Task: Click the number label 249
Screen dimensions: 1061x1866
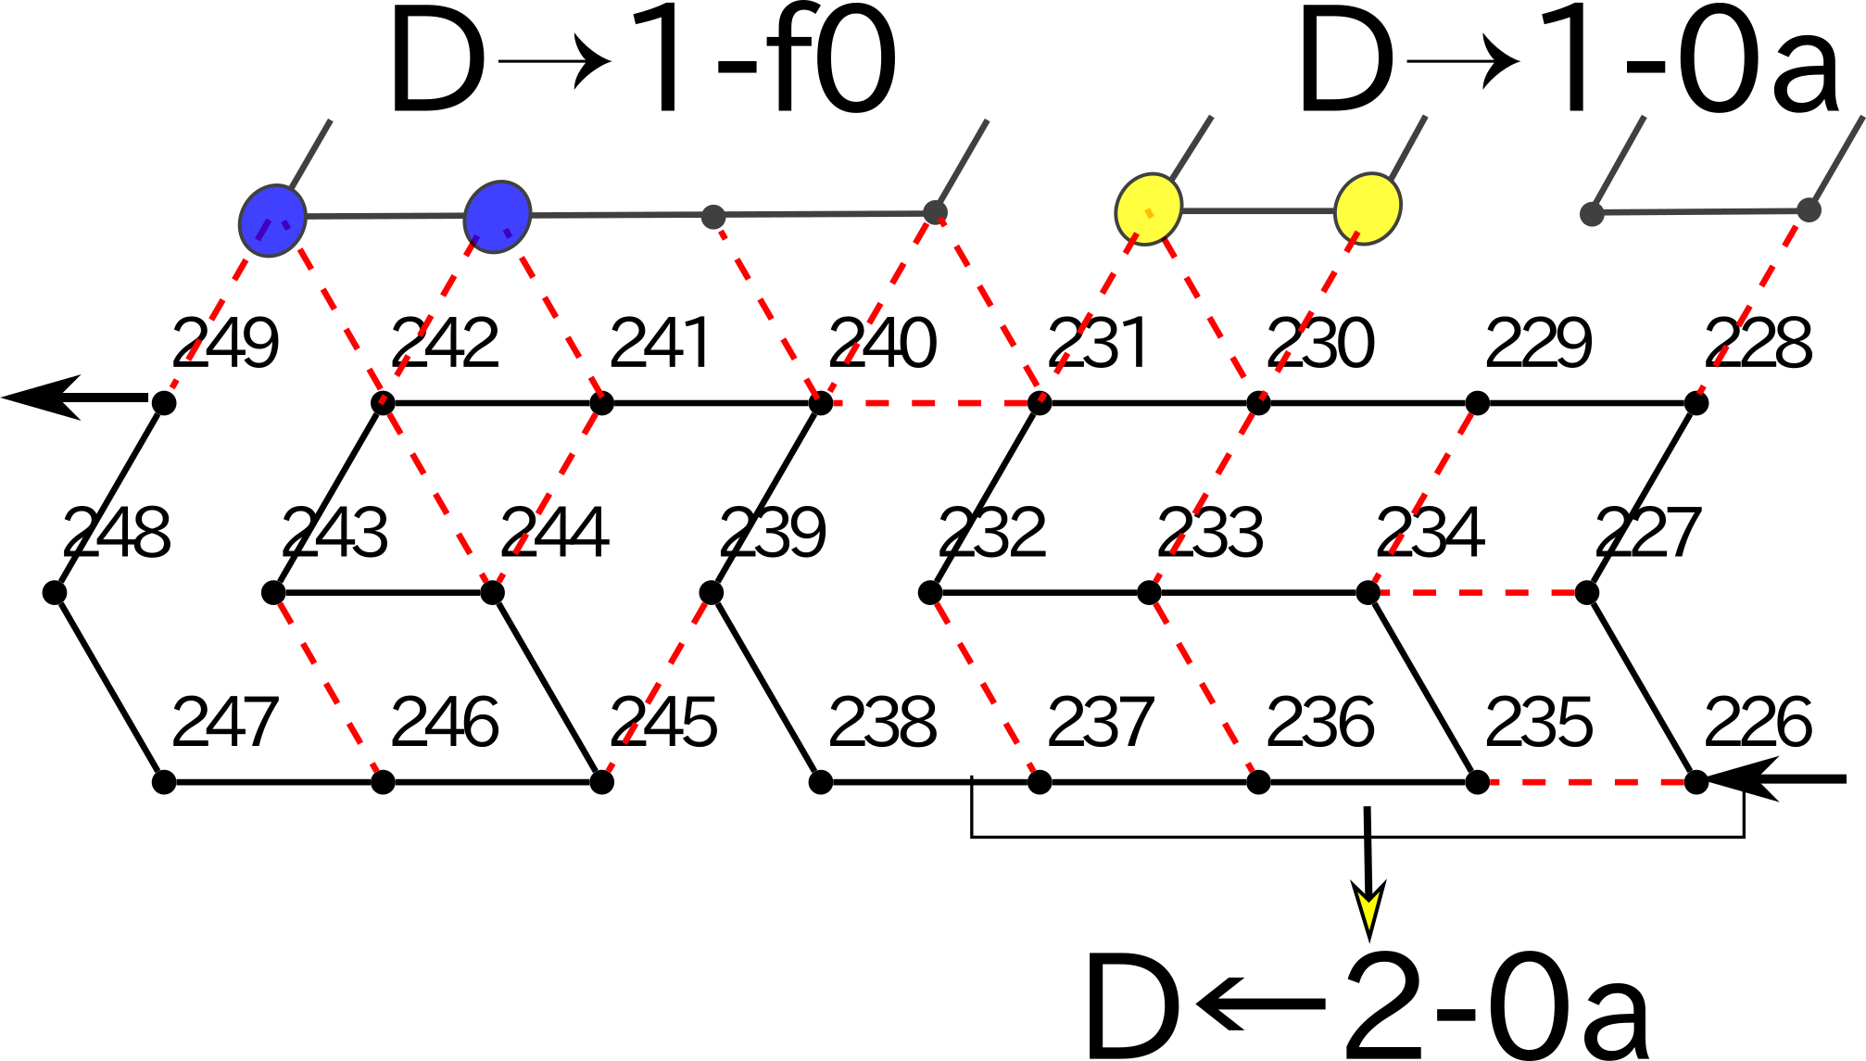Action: click(x=225, y=343)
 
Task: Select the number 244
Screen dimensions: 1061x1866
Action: click(x=554, y=533)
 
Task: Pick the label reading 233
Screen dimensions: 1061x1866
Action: click(x=1210, y=533)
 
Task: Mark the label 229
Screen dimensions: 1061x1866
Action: click(x=1538, y=343)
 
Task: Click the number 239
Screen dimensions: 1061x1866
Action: click(x=773, y=533)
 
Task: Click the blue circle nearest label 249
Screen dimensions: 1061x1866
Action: click(x=272, y=221)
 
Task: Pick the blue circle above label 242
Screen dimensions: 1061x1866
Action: click(x=498, y=217)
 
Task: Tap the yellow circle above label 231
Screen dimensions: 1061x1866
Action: click(x=1149, y=208)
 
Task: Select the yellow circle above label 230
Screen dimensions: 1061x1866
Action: click(x=1368, y=208)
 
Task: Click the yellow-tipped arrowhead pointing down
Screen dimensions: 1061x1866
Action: click(x=1368, y=913)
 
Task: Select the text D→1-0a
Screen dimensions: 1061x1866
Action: click(x=1568, y=63)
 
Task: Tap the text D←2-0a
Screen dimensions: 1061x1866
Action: click(x=1368, y=1006)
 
